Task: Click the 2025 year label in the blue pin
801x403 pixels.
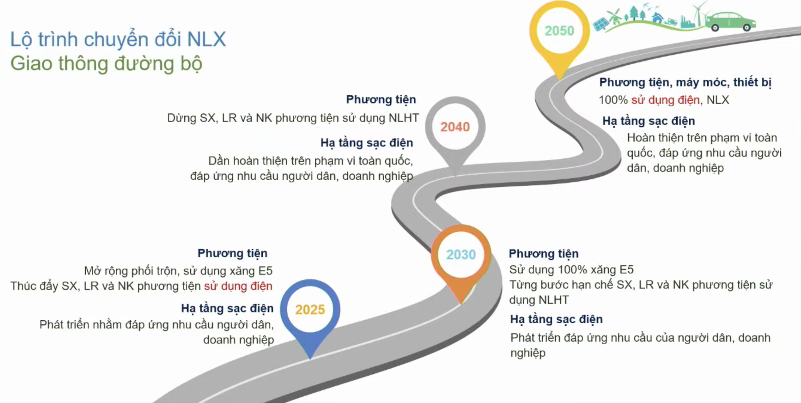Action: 310,310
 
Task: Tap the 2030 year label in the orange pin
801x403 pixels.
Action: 461,254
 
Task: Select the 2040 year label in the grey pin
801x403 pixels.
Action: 455,127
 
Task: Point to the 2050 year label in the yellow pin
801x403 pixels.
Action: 559,31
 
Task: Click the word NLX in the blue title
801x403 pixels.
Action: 206,40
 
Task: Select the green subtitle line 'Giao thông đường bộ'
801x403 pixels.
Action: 106,64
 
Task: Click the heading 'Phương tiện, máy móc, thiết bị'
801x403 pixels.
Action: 685,82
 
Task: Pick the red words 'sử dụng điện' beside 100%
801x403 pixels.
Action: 665,100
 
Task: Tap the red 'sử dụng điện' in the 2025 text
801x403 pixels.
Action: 238,286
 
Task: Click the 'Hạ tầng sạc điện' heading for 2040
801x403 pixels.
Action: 367,143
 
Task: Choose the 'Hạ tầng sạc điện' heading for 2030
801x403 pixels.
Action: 556,319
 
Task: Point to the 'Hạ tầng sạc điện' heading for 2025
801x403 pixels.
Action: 227,308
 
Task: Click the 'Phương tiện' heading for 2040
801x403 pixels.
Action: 381,99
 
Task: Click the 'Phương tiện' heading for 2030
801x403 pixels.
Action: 543,254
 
